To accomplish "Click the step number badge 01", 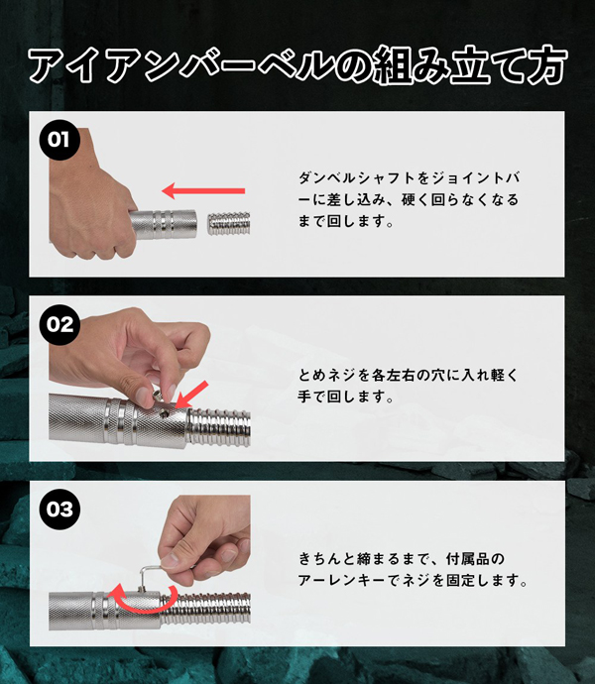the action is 59,140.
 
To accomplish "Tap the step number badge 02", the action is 59,324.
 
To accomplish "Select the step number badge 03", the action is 59,510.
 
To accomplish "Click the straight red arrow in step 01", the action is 203,190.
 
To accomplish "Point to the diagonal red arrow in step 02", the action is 191,396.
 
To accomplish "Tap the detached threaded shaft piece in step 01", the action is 228,223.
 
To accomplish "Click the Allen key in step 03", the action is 148,575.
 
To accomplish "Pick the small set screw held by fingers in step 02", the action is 157,396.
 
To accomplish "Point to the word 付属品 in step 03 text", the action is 467,559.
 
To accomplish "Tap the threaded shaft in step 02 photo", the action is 219,427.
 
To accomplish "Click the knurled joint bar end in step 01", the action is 165,224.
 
